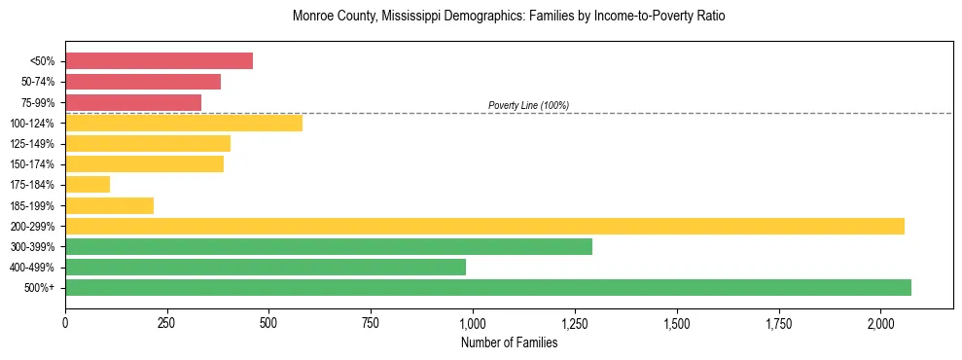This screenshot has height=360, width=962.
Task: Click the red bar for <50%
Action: pos(159,61)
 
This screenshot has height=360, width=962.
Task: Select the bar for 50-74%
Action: pos(143,82)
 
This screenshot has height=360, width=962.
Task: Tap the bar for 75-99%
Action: pos(133,102)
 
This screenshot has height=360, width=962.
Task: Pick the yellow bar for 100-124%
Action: pos(184,123)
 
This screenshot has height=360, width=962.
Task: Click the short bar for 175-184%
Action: pos(88,185)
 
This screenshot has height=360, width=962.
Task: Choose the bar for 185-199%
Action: pos(109,205)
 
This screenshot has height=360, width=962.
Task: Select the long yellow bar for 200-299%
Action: pos(484,226)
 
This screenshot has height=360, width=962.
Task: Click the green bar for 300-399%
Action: pos(329,246)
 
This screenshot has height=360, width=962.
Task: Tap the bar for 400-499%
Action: pos(266,267)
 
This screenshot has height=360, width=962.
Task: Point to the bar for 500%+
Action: pos(488,287)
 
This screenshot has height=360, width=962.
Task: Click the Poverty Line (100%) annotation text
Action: pos(528,105)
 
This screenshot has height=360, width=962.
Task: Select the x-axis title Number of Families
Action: pos(509,342)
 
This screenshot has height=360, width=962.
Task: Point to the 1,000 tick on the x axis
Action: pos(473,322)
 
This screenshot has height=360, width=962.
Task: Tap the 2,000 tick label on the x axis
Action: pos(880,322)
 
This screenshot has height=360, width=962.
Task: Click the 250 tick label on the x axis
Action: pos(167,322)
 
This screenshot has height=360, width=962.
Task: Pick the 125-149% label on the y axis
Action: pos(32,144)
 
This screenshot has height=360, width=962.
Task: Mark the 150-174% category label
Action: pos(32,164)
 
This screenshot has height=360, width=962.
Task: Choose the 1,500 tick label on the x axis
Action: pos(676,322)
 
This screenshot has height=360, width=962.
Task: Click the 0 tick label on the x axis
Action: pos(65,322)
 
